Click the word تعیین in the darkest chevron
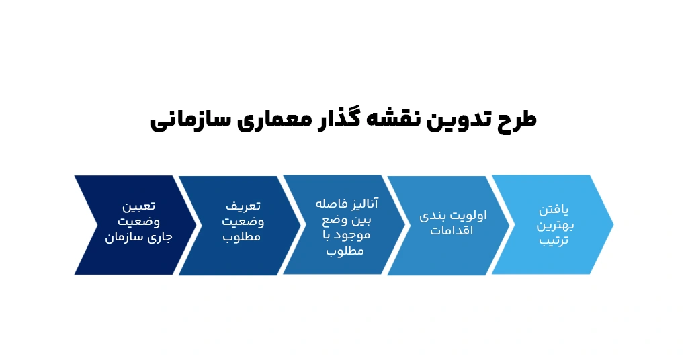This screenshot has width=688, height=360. pyautogui.click(x=138, y=206)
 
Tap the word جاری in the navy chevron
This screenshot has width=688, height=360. pyautogui.click(x=160, y=238)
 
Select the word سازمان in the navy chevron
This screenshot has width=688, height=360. pyautogui.click(x=124, y=237)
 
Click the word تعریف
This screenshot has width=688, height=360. pyautogui.click(x=243, y=206)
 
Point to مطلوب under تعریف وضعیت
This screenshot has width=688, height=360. pyautogui.click(x=241, y=237)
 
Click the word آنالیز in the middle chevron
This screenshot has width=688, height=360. pyautogui.click(x=362, y=204)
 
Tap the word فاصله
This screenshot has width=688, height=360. pyautogui.click(x=330, y=204)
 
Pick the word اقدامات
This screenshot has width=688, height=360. pyautogui.click(x=451, y=230)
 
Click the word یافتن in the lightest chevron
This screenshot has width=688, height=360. pyautogui.click(x=554, y=210)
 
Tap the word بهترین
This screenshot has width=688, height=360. pyautogui.click(x=555, y=226)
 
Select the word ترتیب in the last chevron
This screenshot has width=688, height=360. pyautogui.click(x=554, y=240)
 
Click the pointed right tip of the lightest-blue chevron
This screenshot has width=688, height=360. pyautogui.click(x=613, y=224)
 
